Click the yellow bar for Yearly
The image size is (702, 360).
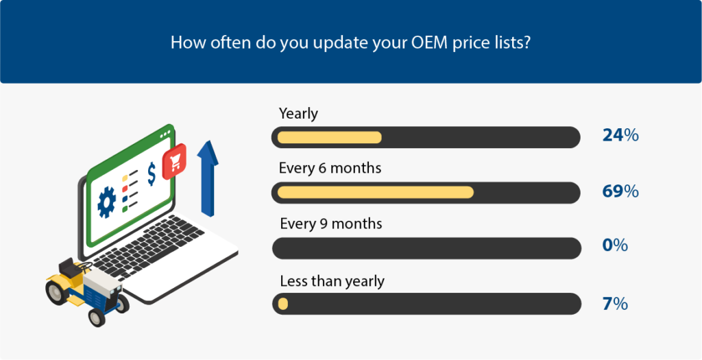(x=330, y=137)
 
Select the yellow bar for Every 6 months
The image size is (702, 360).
(x=376, y=192)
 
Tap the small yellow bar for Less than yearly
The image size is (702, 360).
(x=283, y=304)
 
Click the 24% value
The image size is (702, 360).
(x=620, y=136)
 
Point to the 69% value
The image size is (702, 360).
(x=620, y=191)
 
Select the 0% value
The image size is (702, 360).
(x=615, y=245)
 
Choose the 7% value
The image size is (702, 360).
(x=615, y=304)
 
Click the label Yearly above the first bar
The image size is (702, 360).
(x=298, y=114)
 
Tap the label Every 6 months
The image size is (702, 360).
(x=330, y=169)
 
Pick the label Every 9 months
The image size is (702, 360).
(x=331, y=224)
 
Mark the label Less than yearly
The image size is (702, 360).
(x=332, y=282)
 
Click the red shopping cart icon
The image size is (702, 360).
(x=174, y=162)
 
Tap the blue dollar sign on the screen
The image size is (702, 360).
(x=152, y=173)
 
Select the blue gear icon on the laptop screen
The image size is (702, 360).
(x=106, y=202)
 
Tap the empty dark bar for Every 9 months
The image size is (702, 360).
(x=426, y=248)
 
